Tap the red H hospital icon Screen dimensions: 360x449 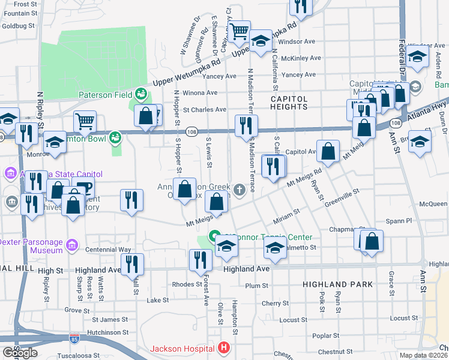pyautogui.click(x=224, y=347)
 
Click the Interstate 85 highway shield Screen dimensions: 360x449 pyautogui.click(x=74, y=340)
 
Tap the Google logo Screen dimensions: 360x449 pyautogui.click(x=20, y=353)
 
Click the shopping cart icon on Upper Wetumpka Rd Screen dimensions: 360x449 pyautogui.click(x=240, y=31)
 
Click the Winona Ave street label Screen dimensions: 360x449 pyautogui.click(x=200, y=93)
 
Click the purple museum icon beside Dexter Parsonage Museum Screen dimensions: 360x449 pyautogui.click(x=72, y=245)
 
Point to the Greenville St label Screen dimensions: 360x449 pyautogui.click(x=342, y=199)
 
